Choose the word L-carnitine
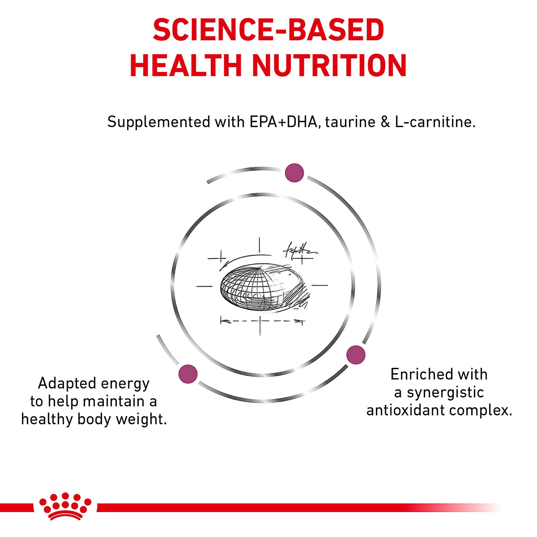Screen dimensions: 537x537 435,122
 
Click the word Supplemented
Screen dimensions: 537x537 159,122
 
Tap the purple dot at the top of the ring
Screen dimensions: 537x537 295,173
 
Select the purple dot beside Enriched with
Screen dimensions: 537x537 356,355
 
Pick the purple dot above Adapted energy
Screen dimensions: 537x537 188,374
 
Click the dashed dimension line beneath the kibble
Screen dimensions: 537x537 262,322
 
